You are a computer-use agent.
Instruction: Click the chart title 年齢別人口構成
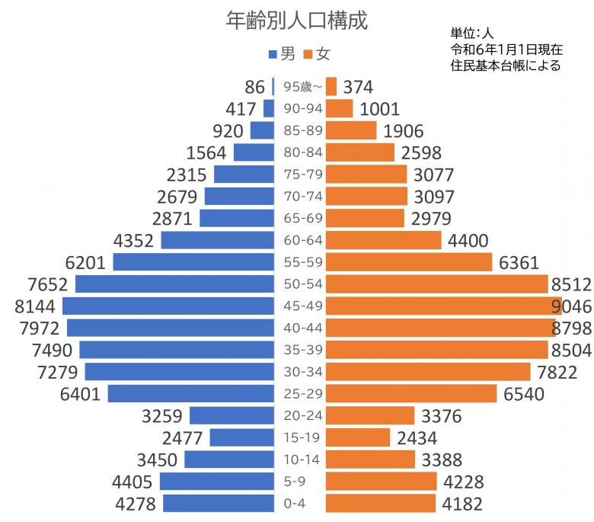point(297,21)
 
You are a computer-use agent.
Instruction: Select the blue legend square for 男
point(273,54)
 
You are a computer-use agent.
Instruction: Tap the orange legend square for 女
point(308,54)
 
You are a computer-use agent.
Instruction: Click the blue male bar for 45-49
point(168,306)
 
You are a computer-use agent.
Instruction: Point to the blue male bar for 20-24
point(232,415)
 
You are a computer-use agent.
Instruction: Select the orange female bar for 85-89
point(351,130)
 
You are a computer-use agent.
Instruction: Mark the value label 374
point(358,87)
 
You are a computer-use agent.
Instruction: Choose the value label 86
point(254,87)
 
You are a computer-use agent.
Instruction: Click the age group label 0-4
point(299,504)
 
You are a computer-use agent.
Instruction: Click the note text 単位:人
point(472,34)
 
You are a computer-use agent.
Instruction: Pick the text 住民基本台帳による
point(505,66)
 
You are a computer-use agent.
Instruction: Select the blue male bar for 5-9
point(216,482)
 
